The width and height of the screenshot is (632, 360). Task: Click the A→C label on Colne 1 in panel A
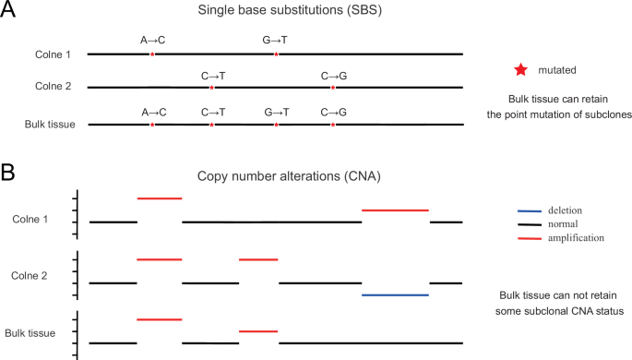pos(153,41)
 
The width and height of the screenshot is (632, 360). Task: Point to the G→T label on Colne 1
pos(277,41)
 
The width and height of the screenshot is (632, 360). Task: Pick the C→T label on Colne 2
pos(213,75)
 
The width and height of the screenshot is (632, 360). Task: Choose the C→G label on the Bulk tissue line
pos(333,111)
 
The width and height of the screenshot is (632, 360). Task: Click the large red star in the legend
pos(521,70)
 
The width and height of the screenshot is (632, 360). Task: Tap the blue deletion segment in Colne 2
pos(396,294)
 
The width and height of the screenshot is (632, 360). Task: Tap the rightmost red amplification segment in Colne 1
pos(396,210)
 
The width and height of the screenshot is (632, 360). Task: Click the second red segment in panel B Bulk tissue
pos(258,330)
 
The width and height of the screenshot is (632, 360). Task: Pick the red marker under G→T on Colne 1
pos(277,54)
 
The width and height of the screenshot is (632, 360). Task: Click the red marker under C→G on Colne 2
pos(333,88)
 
